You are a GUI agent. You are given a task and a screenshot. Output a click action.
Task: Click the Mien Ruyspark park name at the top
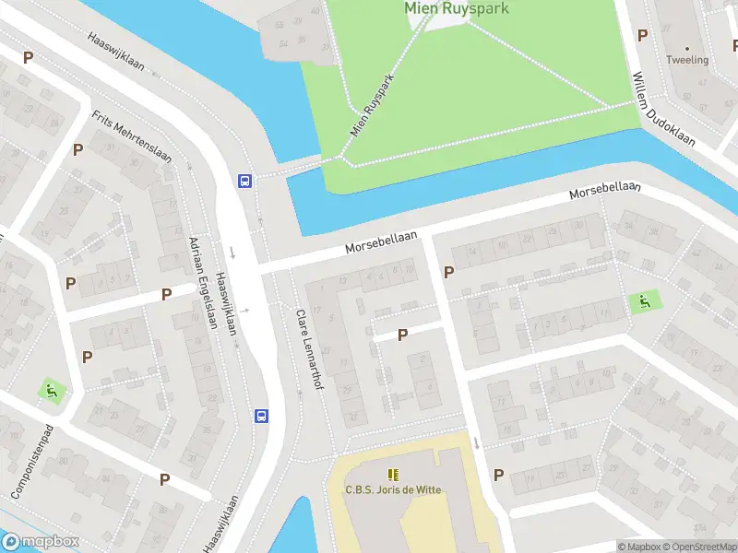click(457, 7)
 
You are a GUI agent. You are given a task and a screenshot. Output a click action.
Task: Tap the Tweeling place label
click(688, 60)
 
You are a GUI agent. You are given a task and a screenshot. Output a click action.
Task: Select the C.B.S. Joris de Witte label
click(394, 489)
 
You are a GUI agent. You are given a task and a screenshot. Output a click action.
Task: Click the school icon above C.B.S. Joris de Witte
click(394, 475)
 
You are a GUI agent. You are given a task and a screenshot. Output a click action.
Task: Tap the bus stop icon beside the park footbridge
click(245, 181)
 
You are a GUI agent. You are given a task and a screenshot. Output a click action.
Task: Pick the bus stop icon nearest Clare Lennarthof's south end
click(261, 416)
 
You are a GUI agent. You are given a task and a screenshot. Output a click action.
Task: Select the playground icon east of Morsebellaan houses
click(643, 300)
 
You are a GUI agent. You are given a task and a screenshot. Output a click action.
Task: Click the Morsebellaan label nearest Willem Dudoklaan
click(605, 192)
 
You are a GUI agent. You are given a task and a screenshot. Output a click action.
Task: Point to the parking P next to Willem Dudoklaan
click(642, 35)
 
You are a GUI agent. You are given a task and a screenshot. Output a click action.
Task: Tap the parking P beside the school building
click(498, 475)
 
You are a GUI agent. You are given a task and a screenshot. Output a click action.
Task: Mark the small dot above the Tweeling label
click(687, 47)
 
